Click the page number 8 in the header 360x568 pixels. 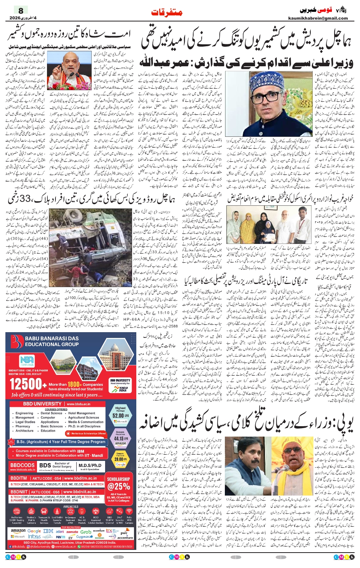[21, 10]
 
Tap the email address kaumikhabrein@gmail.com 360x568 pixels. [318, 18]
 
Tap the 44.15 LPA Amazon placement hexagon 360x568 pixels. [120, 438]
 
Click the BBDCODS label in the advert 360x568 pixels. [22, 465]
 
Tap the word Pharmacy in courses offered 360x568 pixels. [23, 426]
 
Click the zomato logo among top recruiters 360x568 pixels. [72, 531]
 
